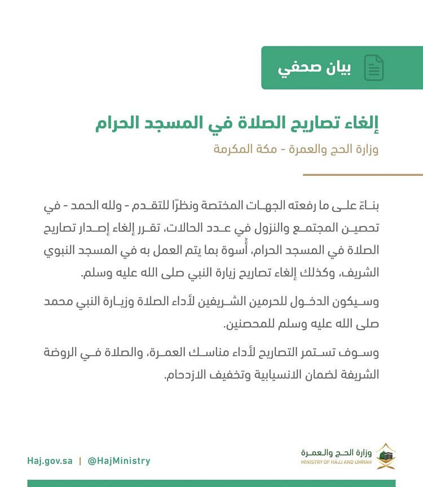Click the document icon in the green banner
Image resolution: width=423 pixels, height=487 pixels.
click(x=374, y=68)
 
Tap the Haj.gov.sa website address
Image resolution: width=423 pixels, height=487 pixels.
click(x=50, y=461)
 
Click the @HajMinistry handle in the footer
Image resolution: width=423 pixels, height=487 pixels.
click(x=118, y=461)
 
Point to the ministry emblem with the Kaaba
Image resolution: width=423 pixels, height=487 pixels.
click(x=386, y=456)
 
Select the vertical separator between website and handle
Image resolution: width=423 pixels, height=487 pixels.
click(x=80, y=461)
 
